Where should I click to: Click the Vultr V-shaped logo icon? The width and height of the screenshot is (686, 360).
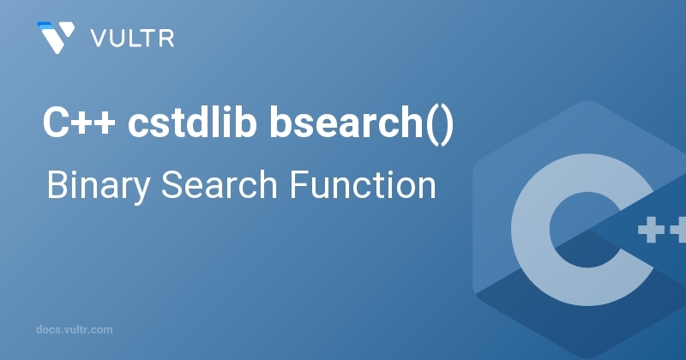(x=56, y=38)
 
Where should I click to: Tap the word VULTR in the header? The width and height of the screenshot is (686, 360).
(x=133, y=39)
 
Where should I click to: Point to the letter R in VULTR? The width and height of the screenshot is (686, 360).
(x=167, y=39)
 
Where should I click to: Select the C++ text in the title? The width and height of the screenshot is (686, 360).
(x=79, y=123)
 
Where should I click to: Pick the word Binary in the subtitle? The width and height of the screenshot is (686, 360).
(x=99, y=186)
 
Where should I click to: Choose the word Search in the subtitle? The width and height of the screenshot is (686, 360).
(x=220, y=184)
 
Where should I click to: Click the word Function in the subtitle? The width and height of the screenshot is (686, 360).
(x=363, y=184)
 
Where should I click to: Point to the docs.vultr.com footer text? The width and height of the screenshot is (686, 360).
(x=75, y=330)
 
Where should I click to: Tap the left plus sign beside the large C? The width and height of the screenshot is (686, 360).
(x=651, y=230)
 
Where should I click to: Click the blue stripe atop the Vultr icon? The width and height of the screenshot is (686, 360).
(x=45, y=25)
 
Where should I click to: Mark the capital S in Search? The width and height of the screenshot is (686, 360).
(x=173, y=184)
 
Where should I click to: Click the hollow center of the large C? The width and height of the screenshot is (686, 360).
(x=587, y=230)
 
